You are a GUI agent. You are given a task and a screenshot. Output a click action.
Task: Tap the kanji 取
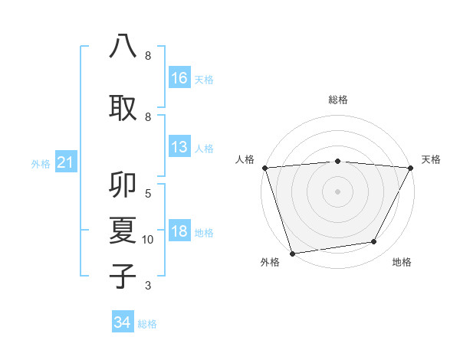pos(123,106)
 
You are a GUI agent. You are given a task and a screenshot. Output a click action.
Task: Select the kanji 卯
pos(123,186)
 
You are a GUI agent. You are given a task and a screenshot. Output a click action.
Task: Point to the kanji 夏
pos(123,231)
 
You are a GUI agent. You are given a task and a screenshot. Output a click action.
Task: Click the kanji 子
pos(123,275)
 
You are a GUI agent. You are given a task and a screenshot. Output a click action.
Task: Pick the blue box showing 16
pos(179,77)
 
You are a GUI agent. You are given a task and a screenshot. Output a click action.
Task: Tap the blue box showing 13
pos(179,147)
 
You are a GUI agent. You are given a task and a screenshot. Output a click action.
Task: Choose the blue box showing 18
pos(179,231)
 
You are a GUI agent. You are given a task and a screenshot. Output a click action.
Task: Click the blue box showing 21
pos(65,162)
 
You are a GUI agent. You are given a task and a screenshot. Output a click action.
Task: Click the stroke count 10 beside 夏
pos(148,240)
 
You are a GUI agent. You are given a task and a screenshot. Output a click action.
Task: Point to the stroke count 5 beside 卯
pos(148,194)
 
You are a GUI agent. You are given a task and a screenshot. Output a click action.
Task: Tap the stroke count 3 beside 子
pos(148,286)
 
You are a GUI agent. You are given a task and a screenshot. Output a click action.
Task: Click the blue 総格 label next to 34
pos(147,324)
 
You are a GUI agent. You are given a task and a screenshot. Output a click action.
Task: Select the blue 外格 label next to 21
pos(41,163)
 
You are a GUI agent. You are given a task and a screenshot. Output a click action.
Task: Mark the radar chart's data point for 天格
pos(411,168)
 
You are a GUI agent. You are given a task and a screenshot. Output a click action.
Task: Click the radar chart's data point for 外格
pos(292,252)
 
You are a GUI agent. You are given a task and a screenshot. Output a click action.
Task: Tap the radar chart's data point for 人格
pos(264,168)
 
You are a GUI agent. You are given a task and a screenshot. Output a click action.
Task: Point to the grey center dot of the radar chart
pos(337,191)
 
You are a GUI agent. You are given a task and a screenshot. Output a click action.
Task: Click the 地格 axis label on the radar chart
pos(402,263)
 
